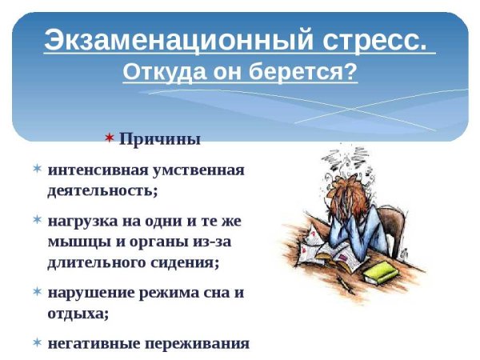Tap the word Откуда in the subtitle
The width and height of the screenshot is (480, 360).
157,73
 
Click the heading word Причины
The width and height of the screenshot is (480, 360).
159,139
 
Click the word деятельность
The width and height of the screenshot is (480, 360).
102,191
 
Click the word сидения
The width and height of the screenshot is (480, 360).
186,262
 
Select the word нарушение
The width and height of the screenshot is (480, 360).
90,293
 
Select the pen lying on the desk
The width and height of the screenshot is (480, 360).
346,284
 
